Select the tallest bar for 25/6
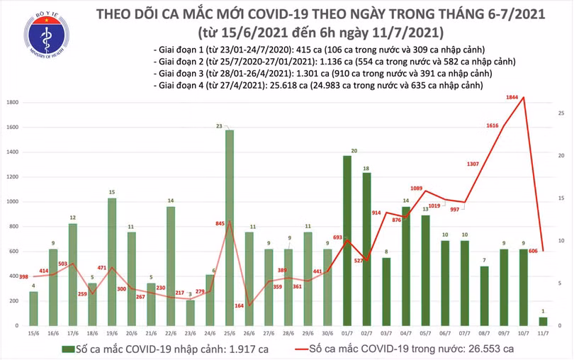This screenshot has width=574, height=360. (x=230, y=227)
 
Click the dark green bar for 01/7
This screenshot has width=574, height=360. (x=347, y=241)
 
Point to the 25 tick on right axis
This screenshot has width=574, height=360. (x=561, y=113)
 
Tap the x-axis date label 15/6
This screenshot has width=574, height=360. (x=33, y=332)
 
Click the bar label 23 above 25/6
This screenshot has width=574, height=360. (x=220, y=125)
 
